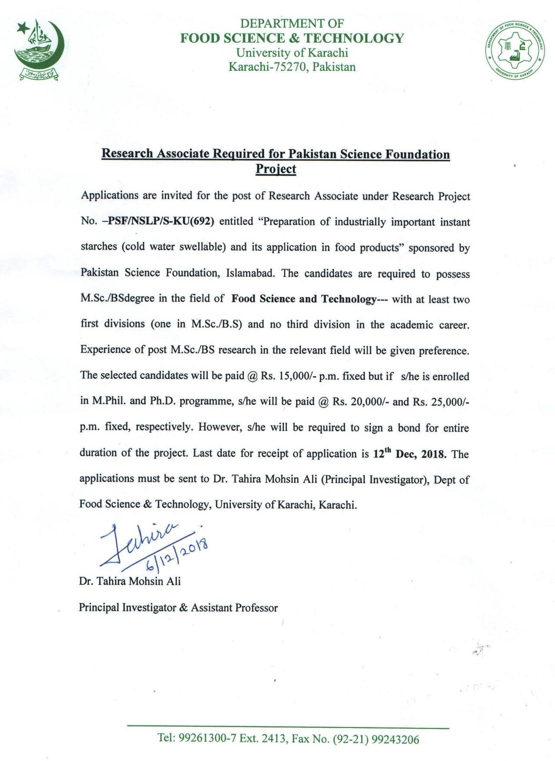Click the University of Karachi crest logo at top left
39,50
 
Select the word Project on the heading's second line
276,169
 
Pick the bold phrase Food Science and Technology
303,299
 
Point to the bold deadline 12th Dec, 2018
409,454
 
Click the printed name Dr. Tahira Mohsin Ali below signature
130,581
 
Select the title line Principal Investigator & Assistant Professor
178,607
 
